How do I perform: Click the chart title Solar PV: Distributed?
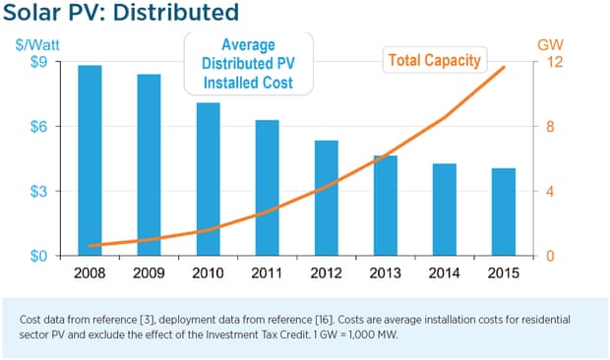tap(120, 14)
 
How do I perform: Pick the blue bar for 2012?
tap(326, 198)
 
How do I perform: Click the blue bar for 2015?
tap(504, 211)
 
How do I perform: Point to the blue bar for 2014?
tap(445, 210)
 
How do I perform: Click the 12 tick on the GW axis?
tap(552, 62)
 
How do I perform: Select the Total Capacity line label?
tap(434, 60)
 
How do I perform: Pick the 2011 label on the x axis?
tap(267, 271)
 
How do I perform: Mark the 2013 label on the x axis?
tap(385, 271)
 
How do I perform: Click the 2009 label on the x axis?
tap(149, 271)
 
